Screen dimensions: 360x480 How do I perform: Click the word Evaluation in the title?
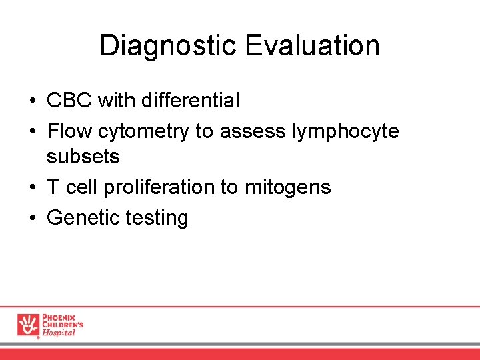pos(313,46)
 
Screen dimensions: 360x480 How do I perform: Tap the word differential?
pos(188,101)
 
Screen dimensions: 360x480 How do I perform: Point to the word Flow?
pos(69,131)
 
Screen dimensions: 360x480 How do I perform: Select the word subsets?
pos(83,157)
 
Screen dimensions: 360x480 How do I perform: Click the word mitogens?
pos(287,188)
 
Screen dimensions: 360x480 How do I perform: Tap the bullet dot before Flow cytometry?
pos(32,132)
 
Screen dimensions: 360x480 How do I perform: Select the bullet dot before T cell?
pos(32,188)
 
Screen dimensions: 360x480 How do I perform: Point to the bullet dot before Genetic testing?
pos(32,218)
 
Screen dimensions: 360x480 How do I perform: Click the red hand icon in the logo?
pos(28,325)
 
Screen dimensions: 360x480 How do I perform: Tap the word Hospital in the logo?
pos(59,333)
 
